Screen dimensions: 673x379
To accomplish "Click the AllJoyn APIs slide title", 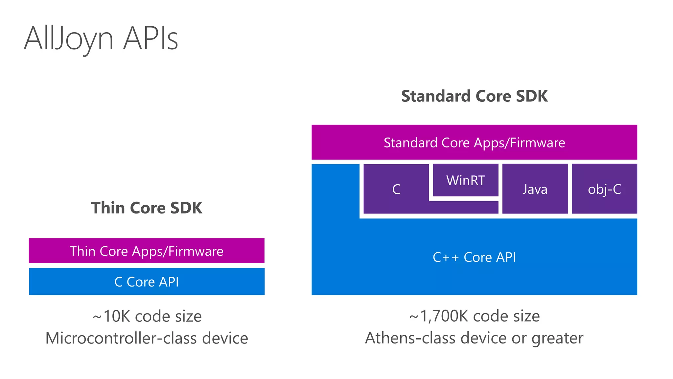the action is click(x=101, y=39).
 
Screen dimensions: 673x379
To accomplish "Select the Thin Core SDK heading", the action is click(x=147, y=208).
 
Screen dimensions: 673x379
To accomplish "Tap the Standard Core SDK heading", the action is click(x=474, y=96).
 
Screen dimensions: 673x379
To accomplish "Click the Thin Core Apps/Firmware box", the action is click(x=147, y=251).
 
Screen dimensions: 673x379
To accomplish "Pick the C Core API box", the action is click(x=147, y=282).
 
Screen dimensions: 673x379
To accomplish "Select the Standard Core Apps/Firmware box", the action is click(x=474, y=142).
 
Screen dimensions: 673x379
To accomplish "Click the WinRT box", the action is click(x=466, y=180).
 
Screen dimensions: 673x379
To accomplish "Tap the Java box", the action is click(x=535, y=189).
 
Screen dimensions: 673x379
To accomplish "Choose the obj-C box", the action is click(x=604, y=189).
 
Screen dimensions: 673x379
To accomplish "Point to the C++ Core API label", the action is click(x=474, y=257).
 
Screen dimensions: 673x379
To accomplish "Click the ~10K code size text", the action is click(x=147, y=316).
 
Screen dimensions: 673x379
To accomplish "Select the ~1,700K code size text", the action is click(x=474, y=316).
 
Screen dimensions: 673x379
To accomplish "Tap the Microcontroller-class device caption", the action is click(x=147, y=338).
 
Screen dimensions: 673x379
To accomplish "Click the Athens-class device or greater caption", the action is click(x=474, y=338).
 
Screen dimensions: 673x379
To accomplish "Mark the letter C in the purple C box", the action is click(x=396, y=189).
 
